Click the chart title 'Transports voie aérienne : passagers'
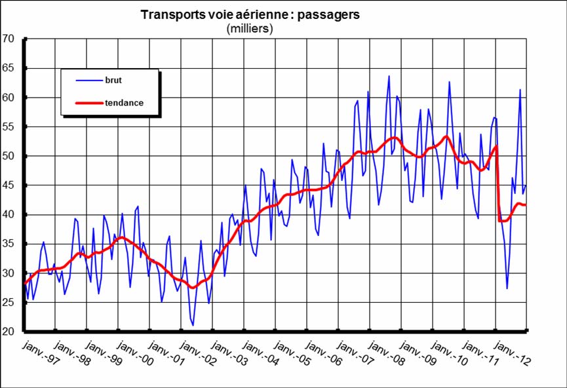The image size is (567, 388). pos(250,14)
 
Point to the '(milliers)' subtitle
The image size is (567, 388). pos(250,28)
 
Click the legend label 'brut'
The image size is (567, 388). pos(113,80)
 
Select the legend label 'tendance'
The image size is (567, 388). pos(124,103)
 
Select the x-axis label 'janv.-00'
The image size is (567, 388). pos(132,355)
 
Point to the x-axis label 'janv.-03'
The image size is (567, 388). pos(226,355)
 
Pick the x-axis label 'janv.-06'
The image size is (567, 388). pos(321,355)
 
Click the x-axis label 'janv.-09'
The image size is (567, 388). pos(414,355)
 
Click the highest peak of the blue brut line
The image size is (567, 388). pos(389,76)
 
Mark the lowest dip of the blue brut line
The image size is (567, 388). pos(193,325)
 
